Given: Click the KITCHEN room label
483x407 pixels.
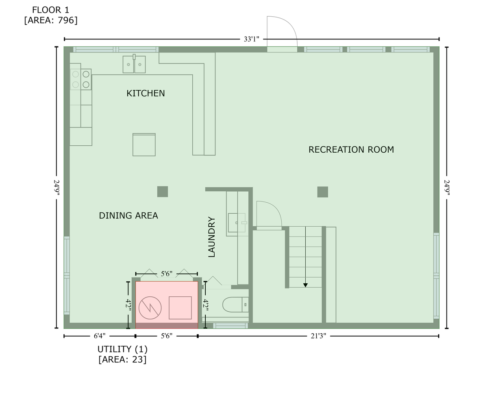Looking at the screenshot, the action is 146,93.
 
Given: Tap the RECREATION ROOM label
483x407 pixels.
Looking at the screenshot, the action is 351,149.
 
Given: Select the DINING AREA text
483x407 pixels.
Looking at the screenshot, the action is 128,216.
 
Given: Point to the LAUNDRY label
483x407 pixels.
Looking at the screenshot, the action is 212,237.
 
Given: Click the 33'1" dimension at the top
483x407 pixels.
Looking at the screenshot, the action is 251,39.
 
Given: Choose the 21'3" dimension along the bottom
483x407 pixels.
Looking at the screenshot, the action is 318,336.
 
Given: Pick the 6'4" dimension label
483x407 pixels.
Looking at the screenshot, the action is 100,336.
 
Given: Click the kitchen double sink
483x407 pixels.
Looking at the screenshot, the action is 134,64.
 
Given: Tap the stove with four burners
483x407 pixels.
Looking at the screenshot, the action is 81,79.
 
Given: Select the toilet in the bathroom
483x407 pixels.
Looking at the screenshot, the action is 235,304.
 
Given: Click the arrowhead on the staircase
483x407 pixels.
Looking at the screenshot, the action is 305,285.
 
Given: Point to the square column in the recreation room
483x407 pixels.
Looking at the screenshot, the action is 322,192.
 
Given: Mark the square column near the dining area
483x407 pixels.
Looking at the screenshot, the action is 163,191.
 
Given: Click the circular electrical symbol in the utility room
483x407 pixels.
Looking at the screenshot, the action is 150,308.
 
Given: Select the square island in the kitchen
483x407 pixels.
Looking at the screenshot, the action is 144,144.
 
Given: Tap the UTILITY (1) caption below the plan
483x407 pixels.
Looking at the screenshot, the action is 123,349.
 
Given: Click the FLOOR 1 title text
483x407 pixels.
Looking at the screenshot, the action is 50,10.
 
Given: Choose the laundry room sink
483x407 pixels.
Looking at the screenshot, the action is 237,223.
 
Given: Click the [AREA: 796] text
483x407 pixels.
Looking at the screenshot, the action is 51,20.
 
